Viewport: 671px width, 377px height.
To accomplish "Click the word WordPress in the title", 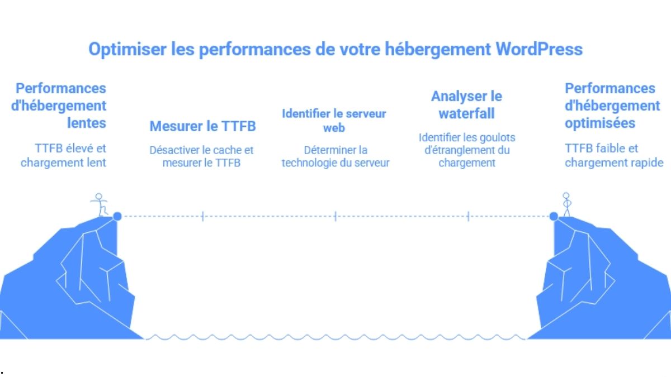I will click(539, 49).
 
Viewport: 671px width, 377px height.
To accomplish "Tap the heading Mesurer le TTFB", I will click(202, 126).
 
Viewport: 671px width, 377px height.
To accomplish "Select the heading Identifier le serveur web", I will click(334, 121).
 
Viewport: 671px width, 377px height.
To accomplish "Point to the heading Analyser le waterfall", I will click(466, 105).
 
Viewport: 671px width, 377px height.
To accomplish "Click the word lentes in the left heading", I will click(87, 123).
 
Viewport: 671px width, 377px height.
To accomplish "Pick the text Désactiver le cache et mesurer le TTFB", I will click(201, 156).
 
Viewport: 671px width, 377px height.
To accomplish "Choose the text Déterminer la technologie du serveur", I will click(335, 156).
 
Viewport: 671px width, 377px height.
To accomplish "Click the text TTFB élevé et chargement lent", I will click(63, 155).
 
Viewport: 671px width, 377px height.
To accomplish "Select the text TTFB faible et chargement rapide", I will click(613, 155).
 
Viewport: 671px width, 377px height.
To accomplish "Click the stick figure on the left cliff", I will click(101, 205).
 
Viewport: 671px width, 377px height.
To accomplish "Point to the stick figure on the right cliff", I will click(566, 205).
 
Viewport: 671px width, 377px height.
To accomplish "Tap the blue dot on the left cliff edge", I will click(117, 216).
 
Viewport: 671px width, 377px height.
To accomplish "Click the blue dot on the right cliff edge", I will click(554, 216).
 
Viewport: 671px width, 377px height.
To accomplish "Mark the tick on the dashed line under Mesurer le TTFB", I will click(202, 216).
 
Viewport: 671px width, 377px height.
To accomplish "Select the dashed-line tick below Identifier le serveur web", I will click(335, 216).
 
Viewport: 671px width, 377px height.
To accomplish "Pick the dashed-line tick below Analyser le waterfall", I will click(467, 216).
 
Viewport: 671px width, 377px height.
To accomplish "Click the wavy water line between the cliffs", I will click(335, 337).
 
